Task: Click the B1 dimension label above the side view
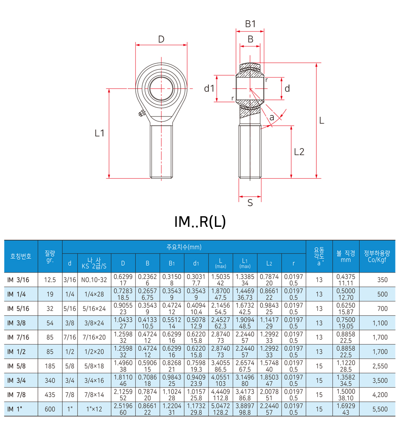coord(250,24)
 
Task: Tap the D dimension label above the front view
coord(161,40)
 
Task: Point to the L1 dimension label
coord(99,133)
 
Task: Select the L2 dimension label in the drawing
coord(299,152)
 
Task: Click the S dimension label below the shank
coord(250,203)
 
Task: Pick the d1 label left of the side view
coord(209,88)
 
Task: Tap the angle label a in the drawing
coord(272,118)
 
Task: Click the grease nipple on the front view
coord(141,113)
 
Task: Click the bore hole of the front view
coord(161,88)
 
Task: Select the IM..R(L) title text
coord(200,222)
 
